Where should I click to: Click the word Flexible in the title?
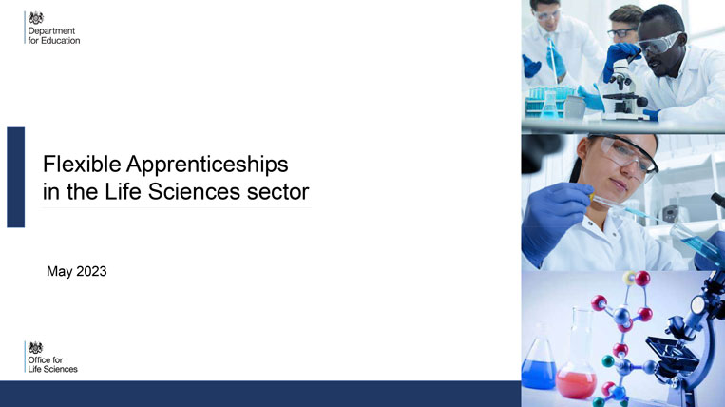82,163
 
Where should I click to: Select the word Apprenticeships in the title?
207,164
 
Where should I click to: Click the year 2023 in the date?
91,272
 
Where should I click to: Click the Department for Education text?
53,36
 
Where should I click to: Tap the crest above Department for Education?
36,17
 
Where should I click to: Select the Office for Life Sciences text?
52,363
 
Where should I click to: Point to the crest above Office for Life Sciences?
36,346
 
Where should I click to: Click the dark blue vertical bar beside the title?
15,177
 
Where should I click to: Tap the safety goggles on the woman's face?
626,152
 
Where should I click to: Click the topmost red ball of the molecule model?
642,278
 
